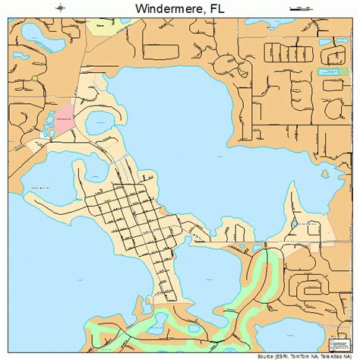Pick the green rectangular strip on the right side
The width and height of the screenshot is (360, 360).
coord(332,73)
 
